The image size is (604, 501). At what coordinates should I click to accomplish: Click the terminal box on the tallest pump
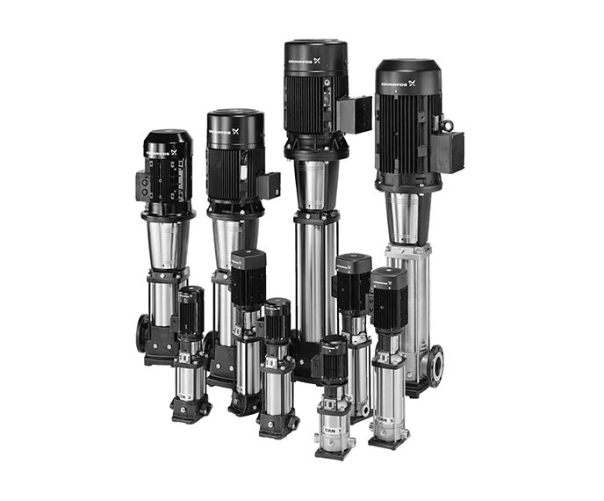point(355,114)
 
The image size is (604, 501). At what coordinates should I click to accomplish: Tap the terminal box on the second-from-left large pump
point(267,185)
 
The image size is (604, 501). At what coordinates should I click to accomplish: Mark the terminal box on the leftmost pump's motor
point(142,185)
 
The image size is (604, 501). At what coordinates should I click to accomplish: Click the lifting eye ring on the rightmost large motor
point(447,125)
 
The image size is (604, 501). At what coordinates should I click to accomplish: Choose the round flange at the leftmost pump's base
point(142,334)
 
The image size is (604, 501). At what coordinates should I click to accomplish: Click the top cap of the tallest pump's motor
point(314,45)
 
